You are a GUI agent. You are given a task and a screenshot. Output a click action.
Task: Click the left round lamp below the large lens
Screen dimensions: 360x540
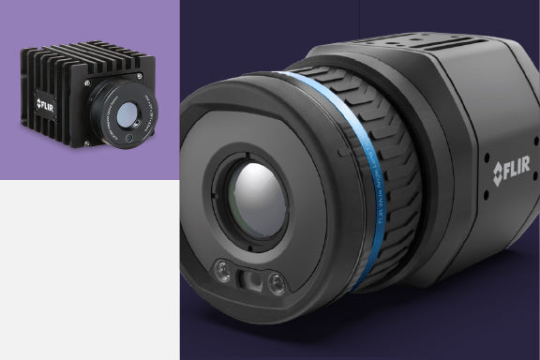tap(223, 273)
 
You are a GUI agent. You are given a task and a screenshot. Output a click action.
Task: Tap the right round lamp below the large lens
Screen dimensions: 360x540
tap(275, 283)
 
